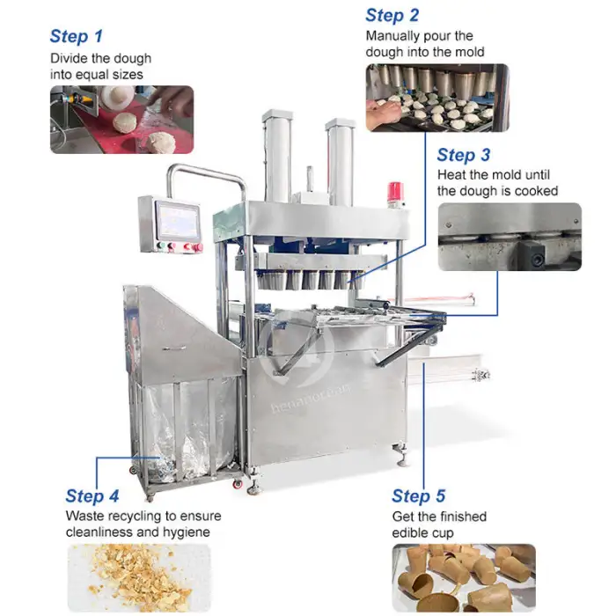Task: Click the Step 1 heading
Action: pos(77,37)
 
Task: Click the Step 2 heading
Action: pos(392,16)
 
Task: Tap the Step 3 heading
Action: pos(464,155)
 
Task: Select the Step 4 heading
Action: pos(92,495)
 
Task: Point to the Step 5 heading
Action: pos(418,496)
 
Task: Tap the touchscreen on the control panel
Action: pos(178,221)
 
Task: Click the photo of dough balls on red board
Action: pos(121,120)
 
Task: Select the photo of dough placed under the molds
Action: pos(437,98)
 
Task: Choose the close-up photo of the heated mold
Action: pos(510,237)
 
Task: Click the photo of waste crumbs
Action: pos(139,578)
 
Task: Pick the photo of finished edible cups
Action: pos(464,578)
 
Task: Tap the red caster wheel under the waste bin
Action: pos(238,484)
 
